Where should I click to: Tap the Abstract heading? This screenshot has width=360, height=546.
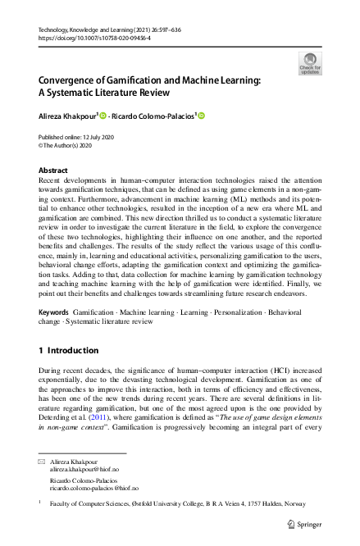click(54, 171)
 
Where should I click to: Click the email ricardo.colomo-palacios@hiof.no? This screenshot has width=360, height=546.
click(93, 488)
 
